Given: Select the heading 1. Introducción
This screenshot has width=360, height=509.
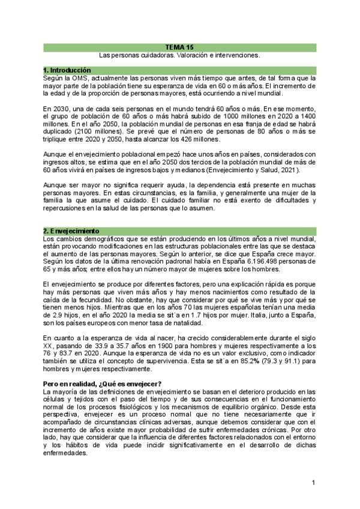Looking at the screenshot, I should pyautogui.click(x=67, y=71).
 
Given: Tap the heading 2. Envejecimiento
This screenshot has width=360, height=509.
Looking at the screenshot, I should pyautogui.click(x=70, y=230).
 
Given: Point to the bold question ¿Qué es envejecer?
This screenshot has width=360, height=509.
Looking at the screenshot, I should pyautogui.click(x=133, y=367).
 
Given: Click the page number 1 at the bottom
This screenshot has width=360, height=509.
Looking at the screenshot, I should pyautogui.click(x=313, y=482).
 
